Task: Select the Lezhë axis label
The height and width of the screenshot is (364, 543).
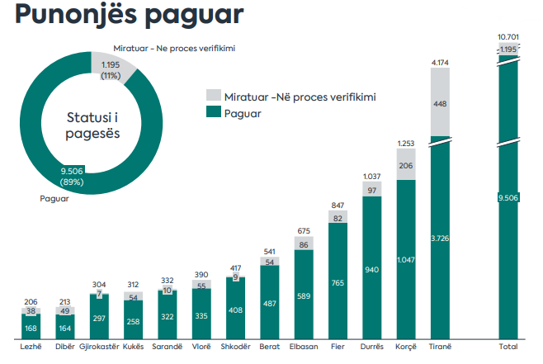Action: point(31,347)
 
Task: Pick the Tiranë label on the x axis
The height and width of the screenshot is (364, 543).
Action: point(441,347)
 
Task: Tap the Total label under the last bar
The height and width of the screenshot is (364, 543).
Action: point(508,347)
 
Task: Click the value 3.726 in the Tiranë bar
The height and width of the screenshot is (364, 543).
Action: point(441,239)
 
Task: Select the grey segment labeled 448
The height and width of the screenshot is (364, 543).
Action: point(441,104)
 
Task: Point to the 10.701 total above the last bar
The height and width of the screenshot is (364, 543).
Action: point(508,37)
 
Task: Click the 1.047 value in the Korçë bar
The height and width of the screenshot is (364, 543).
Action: point(406,258)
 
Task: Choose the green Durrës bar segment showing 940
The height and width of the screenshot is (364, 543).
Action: point(372,269)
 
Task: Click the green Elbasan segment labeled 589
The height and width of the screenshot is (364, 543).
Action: point(305,295)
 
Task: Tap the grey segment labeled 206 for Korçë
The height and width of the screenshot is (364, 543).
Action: point(406,166)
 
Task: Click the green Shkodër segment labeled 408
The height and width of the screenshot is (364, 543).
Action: point(236,310)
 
